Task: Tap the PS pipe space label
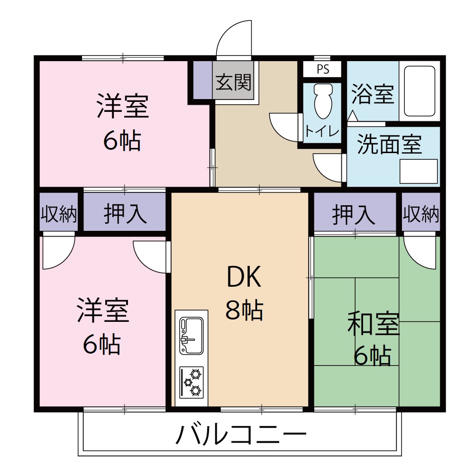(322, 69)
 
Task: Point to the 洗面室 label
(389, 144)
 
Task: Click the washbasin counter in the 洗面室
(418, 171)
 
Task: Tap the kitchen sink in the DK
(191, 335)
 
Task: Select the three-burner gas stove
(191, 382)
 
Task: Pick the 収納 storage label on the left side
(58, 215)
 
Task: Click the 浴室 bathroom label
(373, 94)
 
